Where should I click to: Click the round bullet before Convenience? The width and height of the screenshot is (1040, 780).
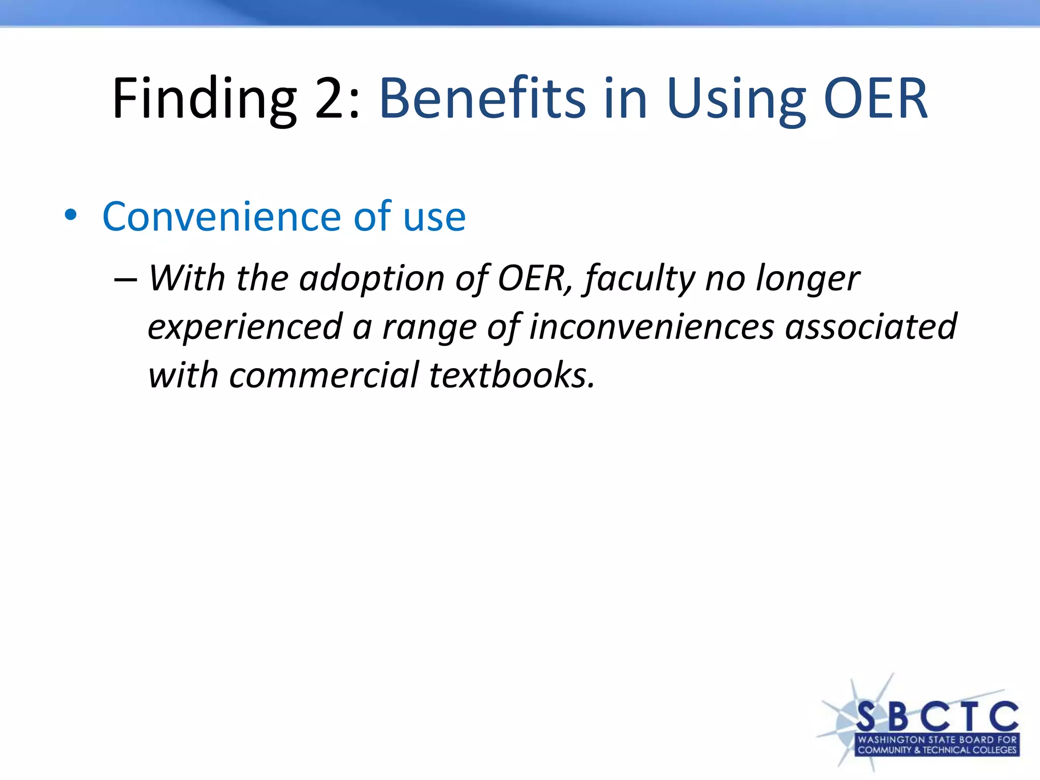tap(71, 215)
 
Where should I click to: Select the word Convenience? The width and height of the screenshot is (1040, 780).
tap(221, 217)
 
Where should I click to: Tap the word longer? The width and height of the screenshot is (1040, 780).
tap(808, 279)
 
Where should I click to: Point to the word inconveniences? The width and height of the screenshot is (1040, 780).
tap(652, 327)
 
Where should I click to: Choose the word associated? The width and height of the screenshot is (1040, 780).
tap(871, 327)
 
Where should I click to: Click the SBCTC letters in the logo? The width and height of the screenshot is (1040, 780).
tap(937, 717)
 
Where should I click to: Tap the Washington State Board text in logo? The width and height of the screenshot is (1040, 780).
tap(937, 740)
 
